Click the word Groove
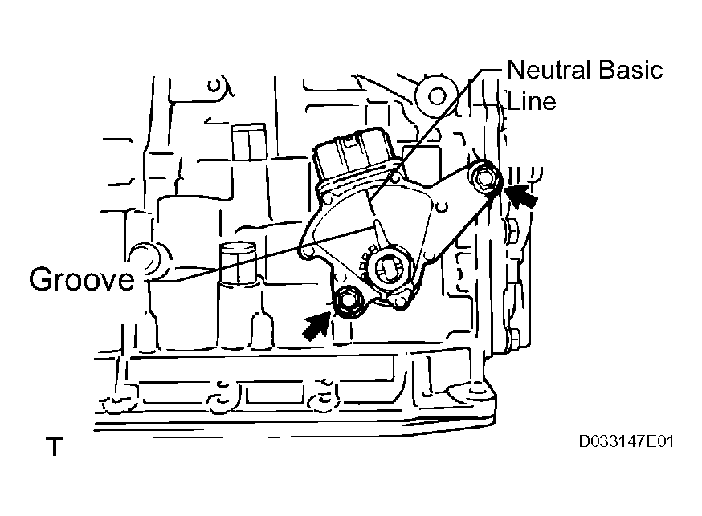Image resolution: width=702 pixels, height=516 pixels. pos(82,279)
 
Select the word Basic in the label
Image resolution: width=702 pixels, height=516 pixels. pos(631,70)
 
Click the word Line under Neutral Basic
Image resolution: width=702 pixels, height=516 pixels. pos(532,100)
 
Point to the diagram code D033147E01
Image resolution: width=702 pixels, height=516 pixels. pos(626,441)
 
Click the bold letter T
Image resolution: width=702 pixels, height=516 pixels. pos(55,446)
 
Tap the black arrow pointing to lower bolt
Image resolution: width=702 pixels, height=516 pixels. pos(317,326)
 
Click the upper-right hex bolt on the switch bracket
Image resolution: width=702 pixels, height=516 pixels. pos(485,178)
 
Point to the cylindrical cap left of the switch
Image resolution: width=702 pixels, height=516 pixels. pos(239,264)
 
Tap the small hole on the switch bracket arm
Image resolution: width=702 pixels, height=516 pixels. pos(442,207)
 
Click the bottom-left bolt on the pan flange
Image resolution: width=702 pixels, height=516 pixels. pos(117,404)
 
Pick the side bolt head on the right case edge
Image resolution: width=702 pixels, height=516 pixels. pos(514,233)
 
